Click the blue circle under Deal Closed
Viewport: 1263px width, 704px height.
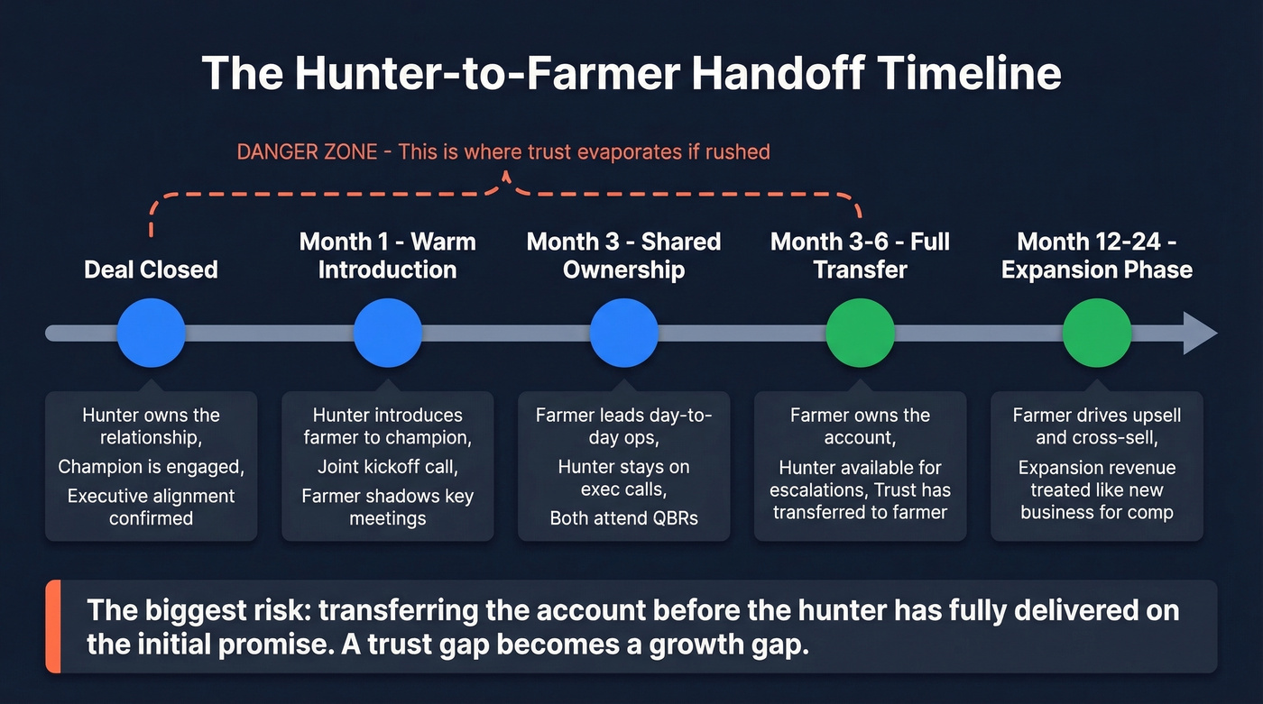[x=151, y=333]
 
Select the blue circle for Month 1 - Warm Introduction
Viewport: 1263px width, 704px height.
[x=387, y=333]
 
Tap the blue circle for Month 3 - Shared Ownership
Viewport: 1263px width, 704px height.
[x=623, y=333]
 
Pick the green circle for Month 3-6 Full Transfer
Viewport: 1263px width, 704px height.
[x=860, y=333]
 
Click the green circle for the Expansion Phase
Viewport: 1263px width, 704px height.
[x=1096, y=333]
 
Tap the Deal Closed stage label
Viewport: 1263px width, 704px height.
[x=151, y=270]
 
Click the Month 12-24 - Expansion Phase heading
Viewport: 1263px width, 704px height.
[x=1096, y=256]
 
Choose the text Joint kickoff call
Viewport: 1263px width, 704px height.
[x=387, y=467]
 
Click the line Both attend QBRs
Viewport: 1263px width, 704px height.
[x=623, y=518]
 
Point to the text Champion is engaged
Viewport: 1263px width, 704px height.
[x=151, y=467]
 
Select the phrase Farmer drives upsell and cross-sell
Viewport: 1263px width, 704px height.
[x=1096, y=426]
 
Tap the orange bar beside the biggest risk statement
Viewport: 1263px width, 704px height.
[x=51, y=626]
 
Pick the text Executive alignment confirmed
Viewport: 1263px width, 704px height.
[x=151, y=507]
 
